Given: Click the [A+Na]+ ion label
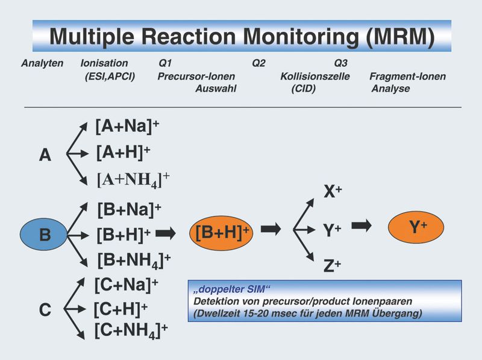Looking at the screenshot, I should coord(128,127).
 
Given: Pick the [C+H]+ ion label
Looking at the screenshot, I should coord(120,309).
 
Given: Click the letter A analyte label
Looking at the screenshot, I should coord(45,156).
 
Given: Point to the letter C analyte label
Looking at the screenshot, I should coord(45,311).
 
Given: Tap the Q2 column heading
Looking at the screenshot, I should coord(258,63).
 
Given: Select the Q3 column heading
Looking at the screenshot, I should coord(340,63).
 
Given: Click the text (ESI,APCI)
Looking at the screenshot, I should coord(110,77).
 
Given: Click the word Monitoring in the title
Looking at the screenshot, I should coord(299,37).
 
